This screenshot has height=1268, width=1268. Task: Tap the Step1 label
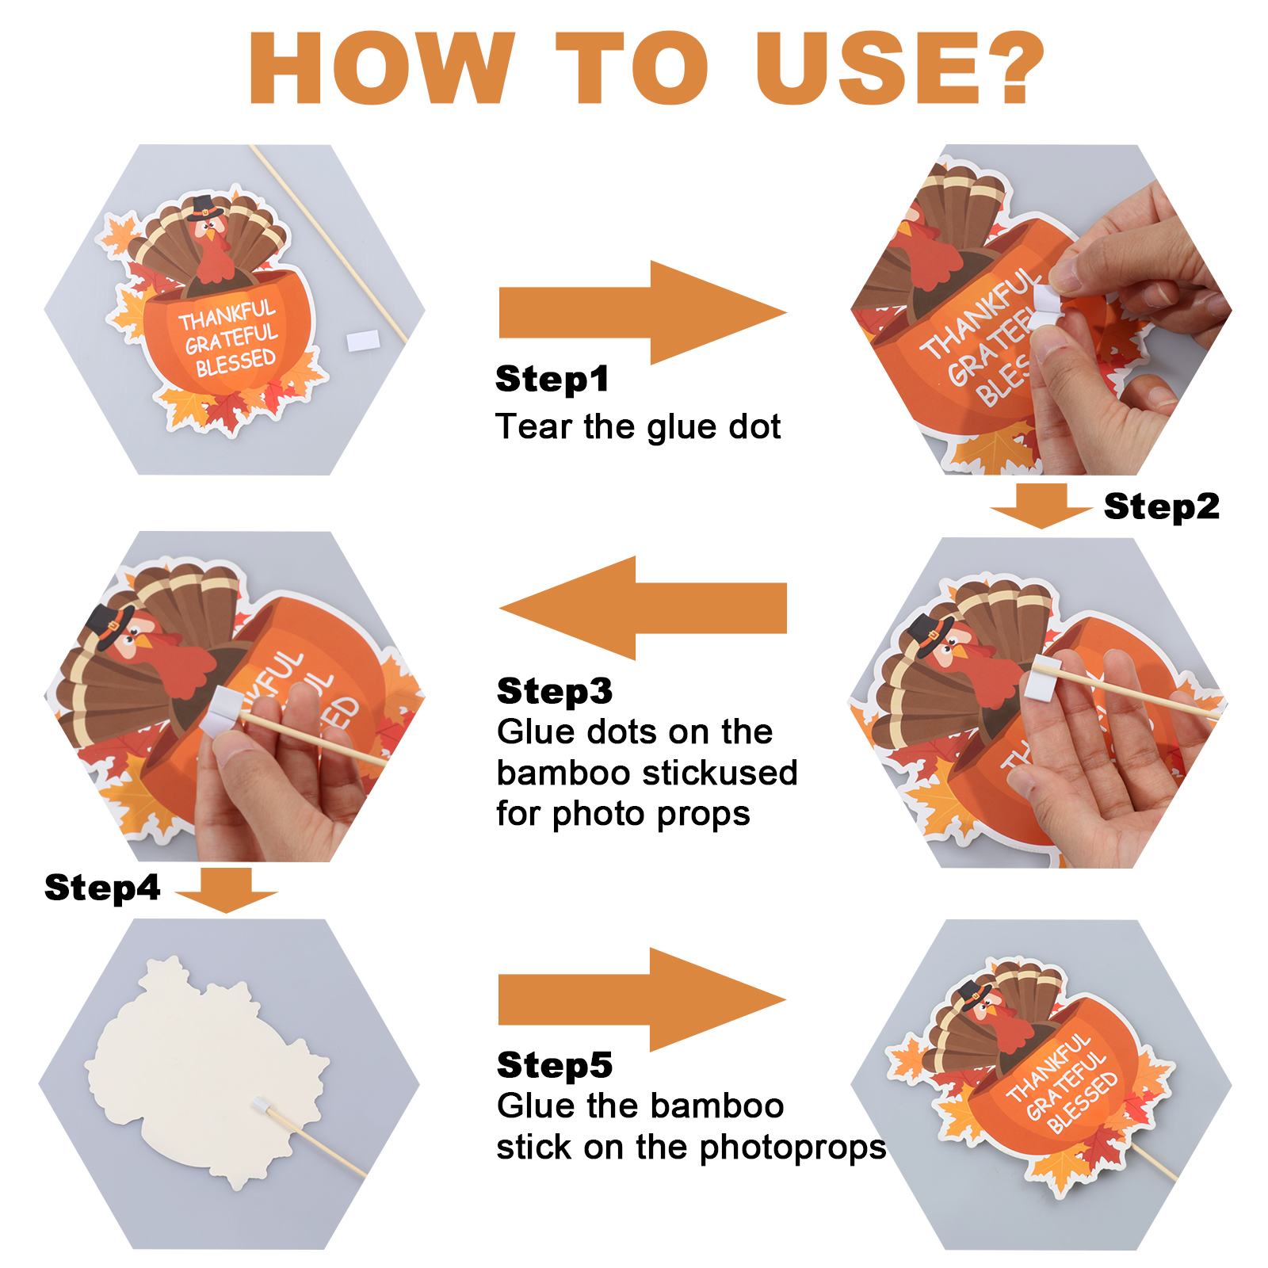(x=552, y=379)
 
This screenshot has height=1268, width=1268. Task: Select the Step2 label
(x=1162, y=506)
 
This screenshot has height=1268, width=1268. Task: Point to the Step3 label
(x=555, y=691)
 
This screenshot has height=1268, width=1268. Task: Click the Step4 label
(x=102, y=888)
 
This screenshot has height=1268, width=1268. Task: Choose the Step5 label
(x=555, y=1065)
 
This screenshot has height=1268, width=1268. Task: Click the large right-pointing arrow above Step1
(x=643, y=312)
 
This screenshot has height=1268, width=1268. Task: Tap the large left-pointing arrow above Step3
(x=643, y=608)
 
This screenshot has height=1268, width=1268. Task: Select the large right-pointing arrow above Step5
(x=643, y=999)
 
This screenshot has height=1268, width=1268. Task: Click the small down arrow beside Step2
(x=1041, y=506)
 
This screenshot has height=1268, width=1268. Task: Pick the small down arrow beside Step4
(x=227, y=890)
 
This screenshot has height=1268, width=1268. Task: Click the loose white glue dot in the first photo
(x=363, y=341)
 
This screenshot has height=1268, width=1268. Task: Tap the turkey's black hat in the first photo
(x=204, y=208)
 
